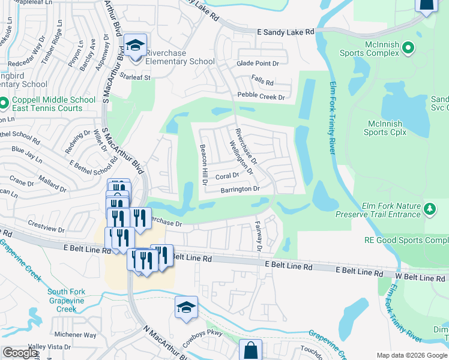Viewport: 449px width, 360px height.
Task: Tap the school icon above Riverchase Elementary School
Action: [136, 46]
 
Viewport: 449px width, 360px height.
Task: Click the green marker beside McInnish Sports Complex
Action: [409, 47]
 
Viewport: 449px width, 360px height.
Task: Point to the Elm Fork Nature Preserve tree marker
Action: [429, 209]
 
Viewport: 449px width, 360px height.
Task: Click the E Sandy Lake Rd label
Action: [285, 32]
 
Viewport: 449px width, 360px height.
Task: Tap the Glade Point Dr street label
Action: [258, 64]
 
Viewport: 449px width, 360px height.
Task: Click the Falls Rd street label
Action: [262, 82]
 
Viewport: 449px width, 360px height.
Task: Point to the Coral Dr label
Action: [227, 176]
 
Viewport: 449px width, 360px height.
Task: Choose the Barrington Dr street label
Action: [240, 189]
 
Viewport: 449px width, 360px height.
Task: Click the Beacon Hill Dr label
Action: [203, 161]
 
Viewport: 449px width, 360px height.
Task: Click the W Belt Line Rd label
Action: [420, 278]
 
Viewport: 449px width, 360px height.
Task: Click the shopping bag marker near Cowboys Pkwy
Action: [250, 350]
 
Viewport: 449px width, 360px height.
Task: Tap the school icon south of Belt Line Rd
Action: [186, 308]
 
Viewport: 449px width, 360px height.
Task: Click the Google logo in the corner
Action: [19, 353]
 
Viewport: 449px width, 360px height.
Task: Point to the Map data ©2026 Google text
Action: [411, 355]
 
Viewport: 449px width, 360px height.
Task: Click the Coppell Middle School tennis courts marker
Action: [3, 104]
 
